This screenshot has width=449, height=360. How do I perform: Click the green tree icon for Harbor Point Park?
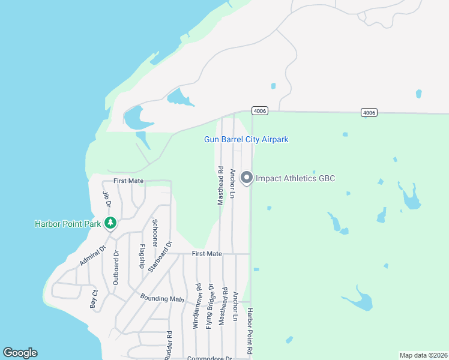[x=110, y=223]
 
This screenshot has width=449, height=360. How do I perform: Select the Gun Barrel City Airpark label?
[x=246, y=139]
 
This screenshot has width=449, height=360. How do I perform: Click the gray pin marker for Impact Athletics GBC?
[x=246, y=178]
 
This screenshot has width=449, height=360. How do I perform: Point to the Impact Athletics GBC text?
[x=295, y=178]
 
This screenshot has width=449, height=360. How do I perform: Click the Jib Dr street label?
[x=107, y=199]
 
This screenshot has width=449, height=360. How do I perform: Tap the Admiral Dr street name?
[x=92, y=256]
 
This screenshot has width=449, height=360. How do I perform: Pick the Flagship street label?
[x=142, y=256]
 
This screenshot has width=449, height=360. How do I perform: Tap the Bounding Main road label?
[x=162, y=298]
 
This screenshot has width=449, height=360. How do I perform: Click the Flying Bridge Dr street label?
[x=210, y=306]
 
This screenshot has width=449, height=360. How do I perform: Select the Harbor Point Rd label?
[x=250, y=334]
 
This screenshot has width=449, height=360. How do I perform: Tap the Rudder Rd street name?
[x=170, y=344]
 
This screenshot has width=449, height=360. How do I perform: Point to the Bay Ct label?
[x=94, y=299]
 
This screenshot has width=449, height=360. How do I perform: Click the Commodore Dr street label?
[x=209, y=358]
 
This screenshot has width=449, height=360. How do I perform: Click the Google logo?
[x=20, y=353]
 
